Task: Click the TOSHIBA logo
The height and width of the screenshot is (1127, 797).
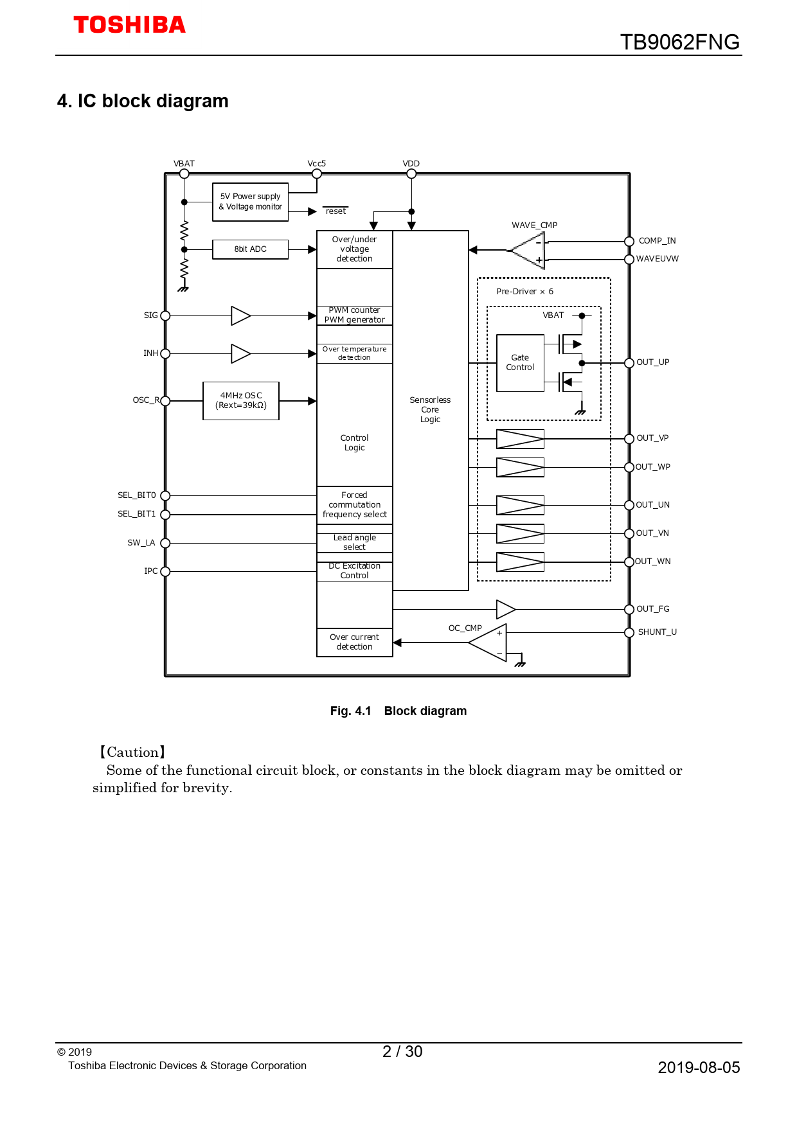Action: pyautogui.click(x=129, y=25)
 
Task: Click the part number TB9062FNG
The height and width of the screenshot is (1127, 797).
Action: pyautogui.click(x=679, y=42)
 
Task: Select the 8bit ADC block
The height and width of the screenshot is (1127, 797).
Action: pyautogui.click(x=250, y=249)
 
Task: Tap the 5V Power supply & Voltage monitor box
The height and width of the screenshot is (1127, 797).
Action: pyautogui.click(x=250, y=202)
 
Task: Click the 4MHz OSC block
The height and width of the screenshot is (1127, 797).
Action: pyautogui.click(x=241, y=401)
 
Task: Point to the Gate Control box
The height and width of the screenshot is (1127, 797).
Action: pyautogui.click(x=520, y=363)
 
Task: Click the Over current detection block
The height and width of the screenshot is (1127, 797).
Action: pyautogui.click(x=354, y=642)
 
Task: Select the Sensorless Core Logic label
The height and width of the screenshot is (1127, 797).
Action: pyautogui.click(x=430, y=409)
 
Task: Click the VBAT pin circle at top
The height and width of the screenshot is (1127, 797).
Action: pyautogui.click(x=184, y=173)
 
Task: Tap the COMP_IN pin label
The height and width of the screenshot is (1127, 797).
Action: pyautogui.click(x=657, y=241)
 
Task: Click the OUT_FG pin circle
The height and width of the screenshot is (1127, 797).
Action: pyautogui.click(x=629, y=609)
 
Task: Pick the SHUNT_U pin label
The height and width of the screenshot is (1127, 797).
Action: pyautogui.click(x=657, y=632)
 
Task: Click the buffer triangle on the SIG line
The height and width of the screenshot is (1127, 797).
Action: pyautogui.click(x=240, y=315)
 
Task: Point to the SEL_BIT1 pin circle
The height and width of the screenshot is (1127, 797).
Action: pyautogui.click(x=165, y=515)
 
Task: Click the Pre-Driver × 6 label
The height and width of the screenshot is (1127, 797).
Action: pyautogui.click(x=524, y=292)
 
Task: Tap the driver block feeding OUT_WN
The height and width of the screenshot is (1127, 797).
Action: pyautogui.click(x=520, y=562)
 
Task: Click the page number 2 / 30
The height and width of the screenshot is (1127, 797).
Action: pyautogui.click(x=402, y=1052)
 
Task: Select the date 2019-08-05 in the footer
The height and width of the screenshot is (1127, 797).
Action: pyautogui.click(x=699, y=1068)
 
